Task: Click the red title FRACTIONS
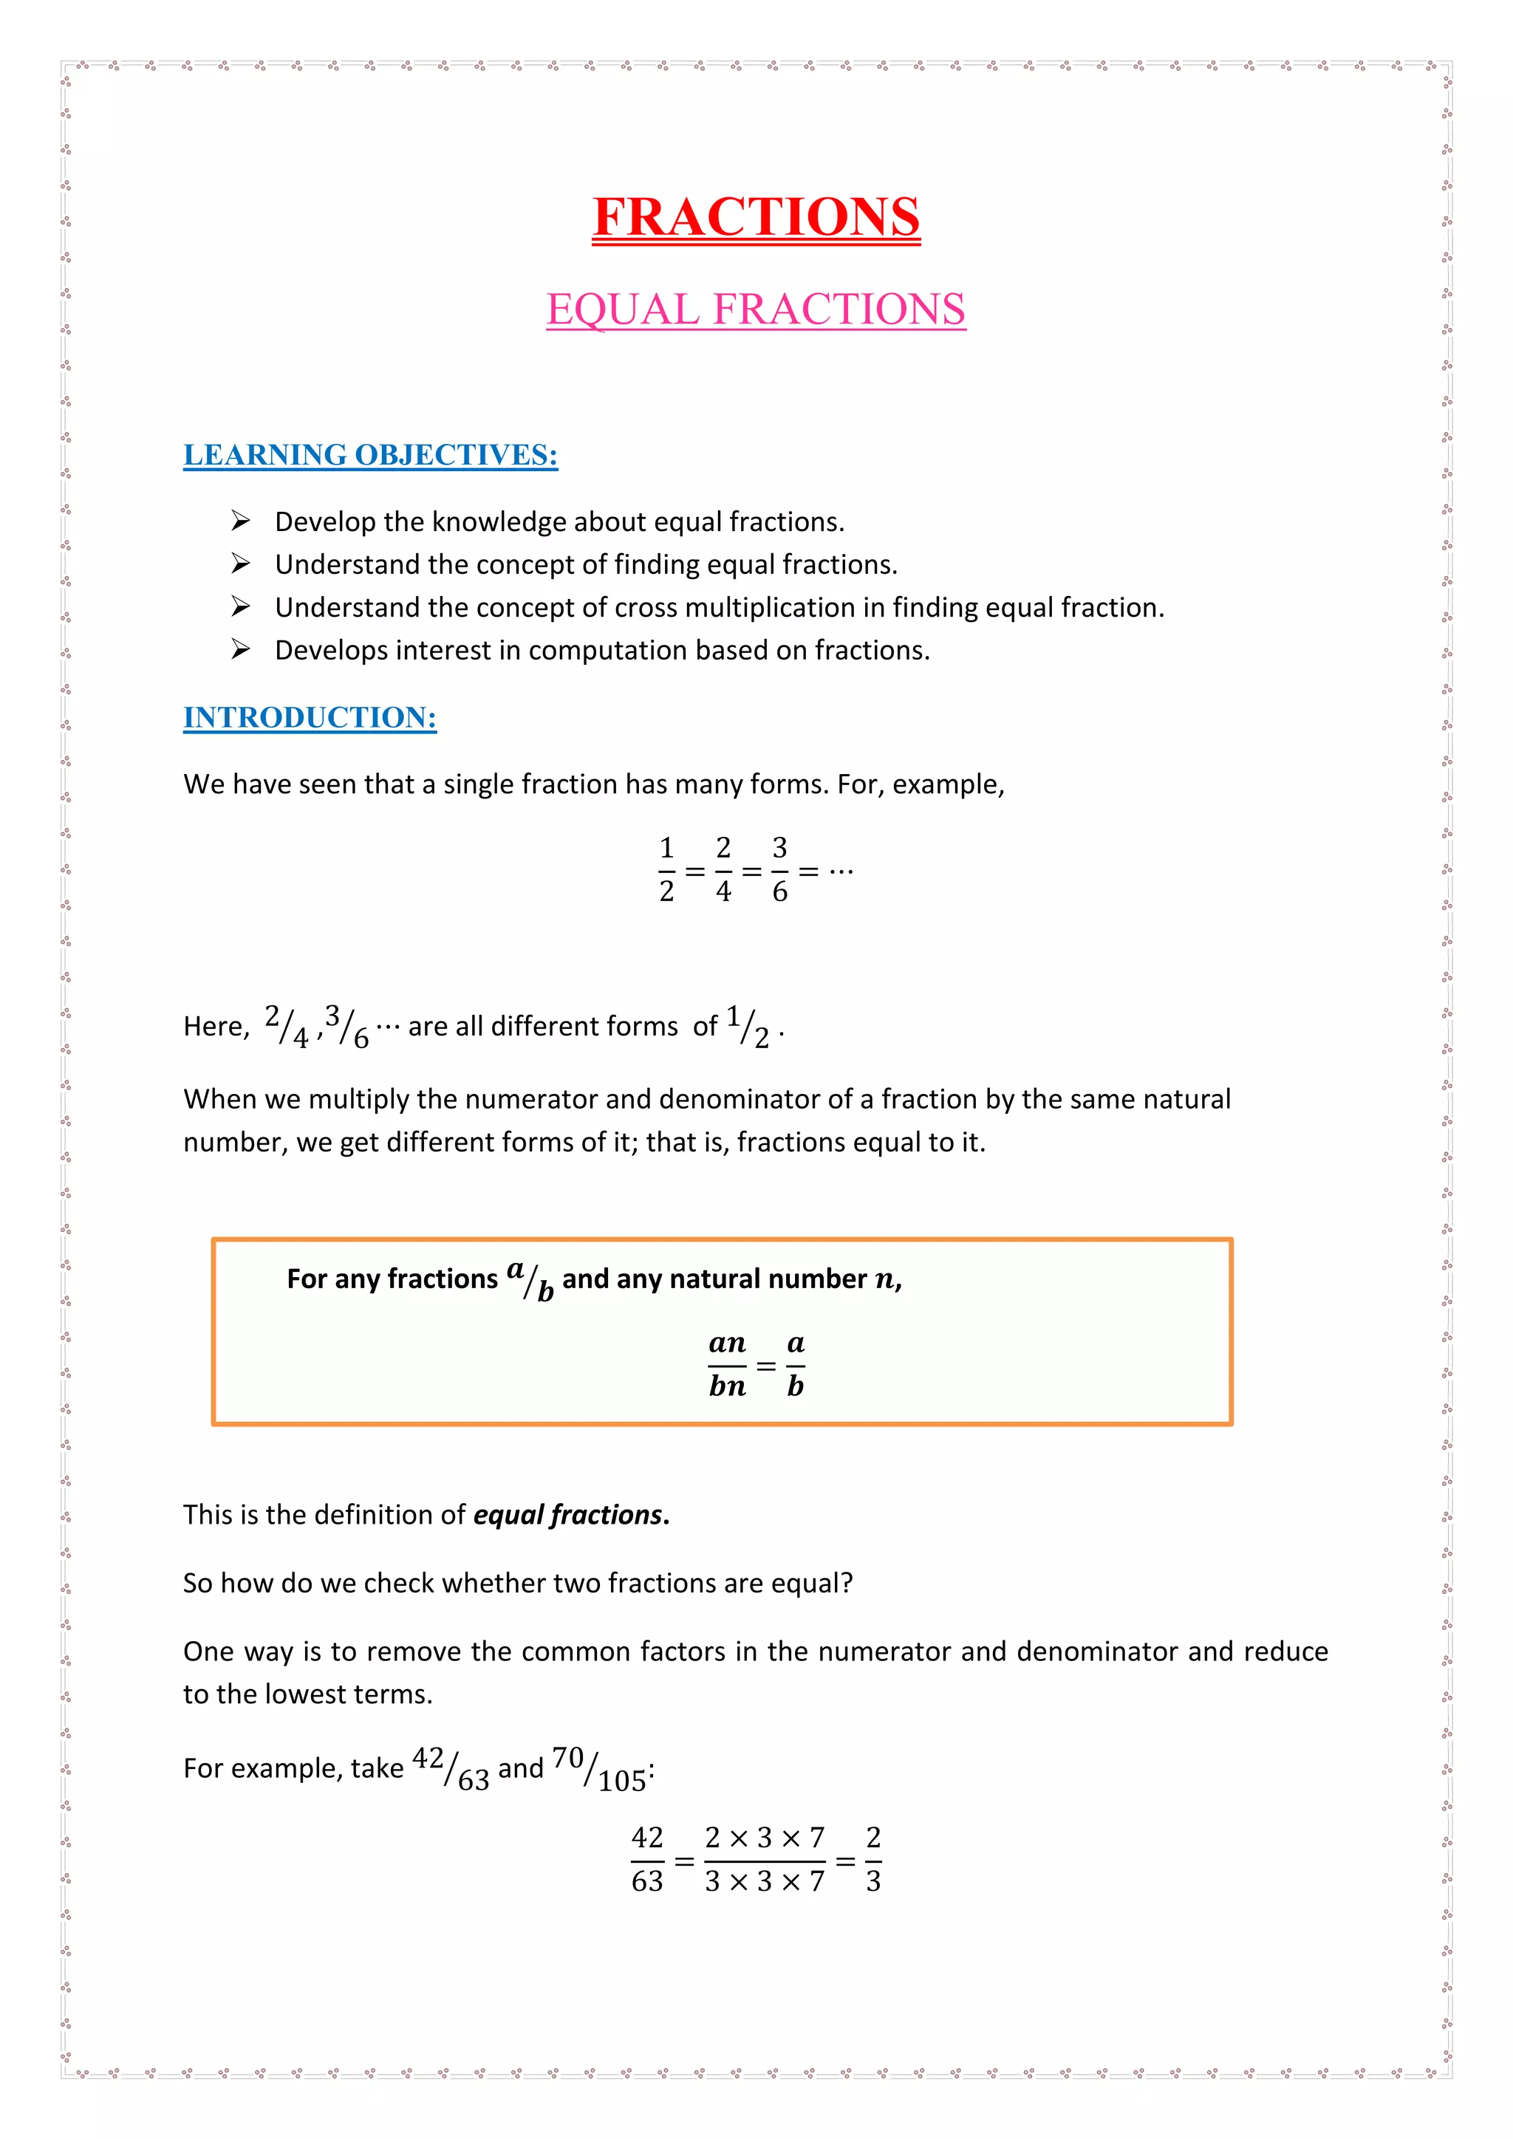(x=756, y=217)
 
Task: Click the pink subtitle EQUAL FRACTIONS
(x=756, y=309)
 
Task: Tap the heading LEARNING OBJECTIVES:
(x=370, y=455)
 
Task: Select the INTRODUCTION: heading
(x=310, y=717)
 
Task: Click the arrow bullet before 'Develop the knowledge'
(x=240, y=521)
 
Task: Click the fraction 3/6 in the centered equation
(x=780, y=870)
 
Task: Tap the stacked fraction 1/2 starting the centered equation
(x=666, y=870)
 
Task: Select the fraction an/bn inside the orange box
(x=727, y=1365)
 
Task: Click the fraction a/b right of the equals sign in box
(x=795, y=1365)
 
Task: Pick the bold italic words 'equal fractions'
(x=567, y=1515)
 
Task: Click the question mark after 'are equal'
(x=847, y=1583)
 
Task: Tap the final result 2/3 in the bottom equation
(x=873, y=1860)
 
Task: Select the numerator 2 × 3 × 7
(x=764, y=1838)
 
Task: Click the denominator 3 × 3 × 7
(x=764, y=1882)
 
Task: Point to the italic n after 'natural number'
(x=884, y=1280)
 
